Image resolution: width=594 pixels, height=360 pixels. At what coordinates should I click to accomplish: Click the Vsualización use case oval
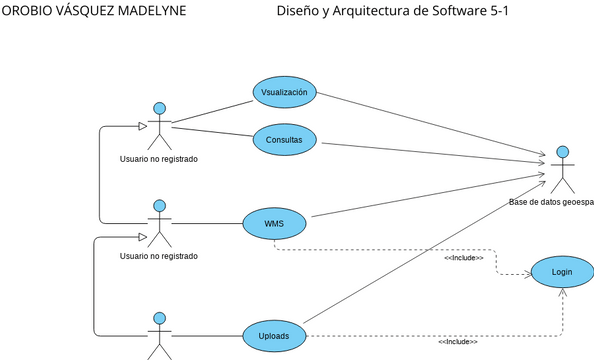pos(284,92)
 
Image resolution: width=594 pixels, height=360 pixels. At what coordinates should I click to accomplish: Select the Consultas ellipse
pos(284,139)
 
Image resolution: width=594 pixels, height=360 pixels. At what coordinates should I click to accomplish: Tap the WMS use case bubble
pos(274,223)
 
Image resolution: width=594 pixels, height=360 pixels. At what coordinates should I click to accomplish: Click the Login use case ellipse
pos(561,272)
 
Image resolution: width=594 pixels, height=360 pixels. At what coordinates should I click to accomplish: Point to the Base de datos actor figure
pos(564,170)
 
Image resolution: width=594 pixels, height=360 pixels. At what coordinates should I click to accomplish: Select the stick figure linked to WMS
pos(158,223)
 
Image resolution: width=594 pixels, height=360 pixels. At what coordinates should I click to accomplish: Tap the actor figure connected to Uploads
pos(158,336)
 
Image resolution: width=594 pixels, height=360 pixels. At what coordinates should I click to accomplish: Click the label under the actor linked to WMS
pos(158,256)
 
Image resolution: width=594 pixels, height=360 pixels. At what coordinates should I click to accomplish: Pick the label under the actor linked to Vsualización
pos(158,158)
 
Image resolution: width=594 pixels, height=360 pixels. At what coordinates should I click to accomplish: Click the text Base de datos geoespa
pos(551,202)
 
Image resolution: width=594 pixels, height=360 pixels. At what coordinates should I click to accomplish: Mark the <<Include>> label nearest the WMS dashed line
pos(463,258)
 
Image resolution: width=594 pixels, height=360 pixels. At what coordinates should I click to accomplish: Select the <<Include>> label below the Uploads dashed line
pos(457,342)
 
